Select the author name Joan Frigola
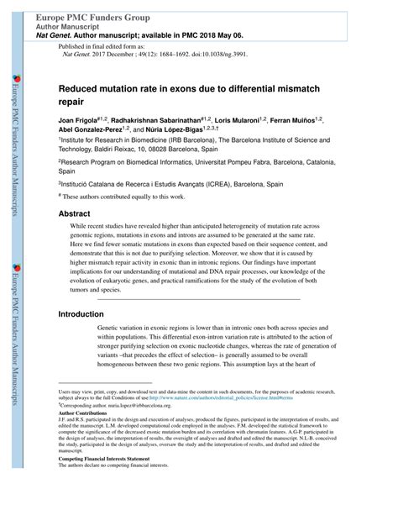click(x=80, y=121)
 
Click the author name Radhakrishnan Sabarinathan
click(x=167, y=121)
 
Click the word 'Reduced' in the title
click(x=78, y=87)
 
